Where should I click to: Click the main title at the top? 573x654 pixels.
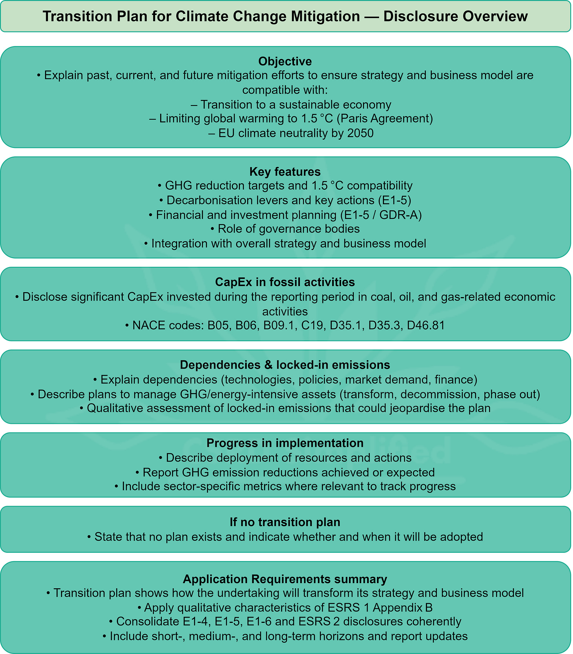click(285, 16)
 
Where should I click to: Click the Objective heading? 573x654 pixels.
click(285, 61)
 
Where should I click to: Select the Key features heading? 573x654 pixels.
click(285, 172)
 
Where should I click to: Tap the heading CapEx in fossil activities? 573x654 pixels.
click(285, 282)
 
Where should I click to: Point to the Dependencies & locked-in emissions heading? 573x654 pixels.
click(285, 365)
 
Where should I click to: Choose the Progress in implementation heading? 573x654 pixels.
click(285, 443)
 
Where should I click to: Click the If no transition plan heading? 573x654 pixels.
click(285, 522)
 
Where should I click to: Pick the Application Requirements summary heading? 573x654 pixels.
click(285, 579)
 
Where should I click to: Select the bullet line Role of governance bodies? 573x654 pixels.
click(285, 229)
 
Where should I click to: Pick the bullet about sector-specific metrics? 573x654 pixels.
click(285, 486)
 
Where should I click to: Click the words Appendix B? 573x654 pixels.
click(403, 608)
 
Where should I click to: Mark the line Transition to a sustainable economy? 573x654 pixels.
click(291, 104)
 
